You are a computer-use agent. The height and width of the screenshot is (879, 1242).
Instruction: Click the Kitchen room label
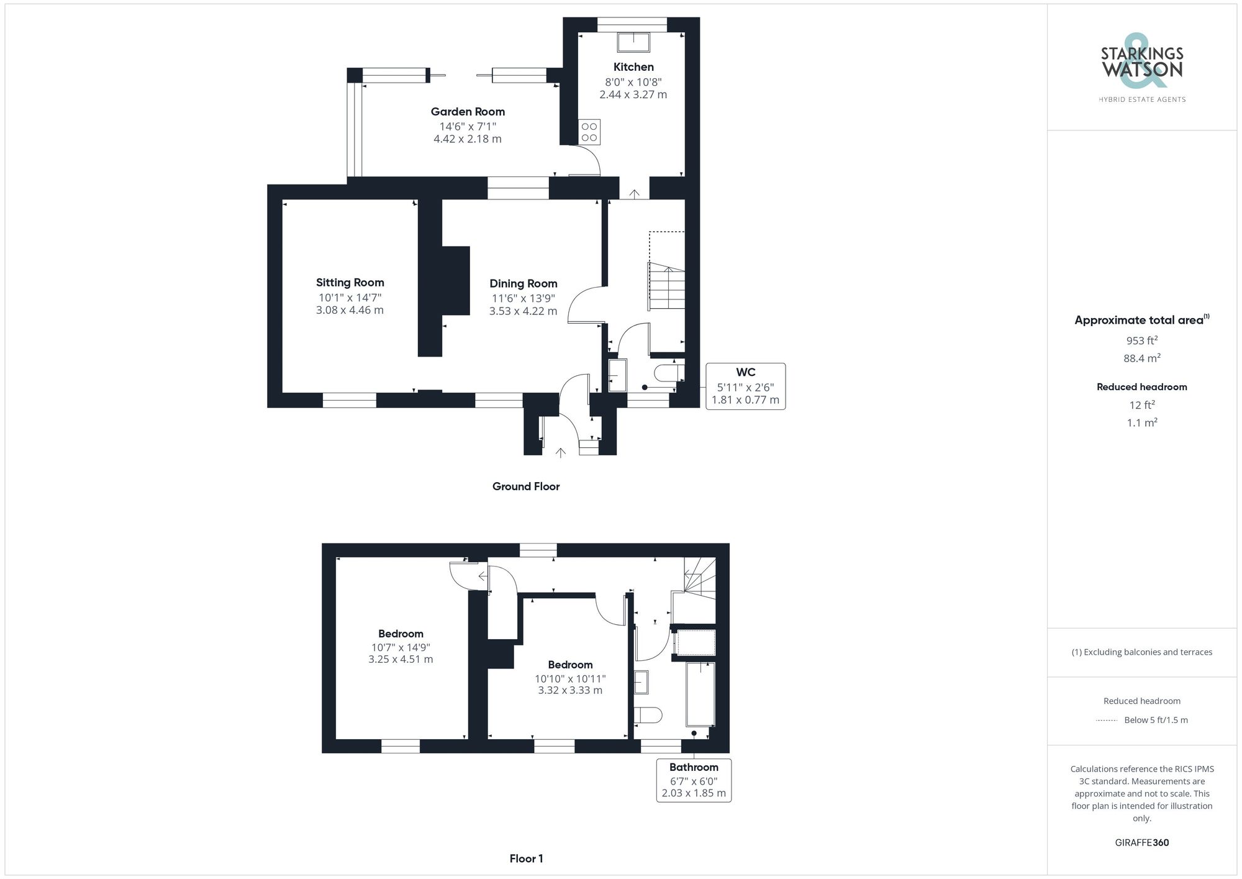click(633, 67)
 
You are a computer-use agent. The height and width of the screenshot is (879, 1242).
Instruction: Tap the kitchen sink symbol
click(633, 42)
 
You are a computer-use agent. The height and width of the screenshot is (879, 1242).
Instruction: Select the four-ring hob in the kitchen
click(589, 132)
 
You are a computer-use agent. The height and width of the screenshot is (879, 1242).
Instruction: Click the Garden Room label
click(468, 112)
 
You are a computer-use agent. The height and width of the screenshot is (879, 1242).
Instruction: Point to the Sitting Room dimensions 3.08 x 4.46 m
click(350, 310)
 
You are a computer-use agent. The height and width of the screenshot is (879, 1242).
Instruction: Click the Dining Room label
click(523, 284)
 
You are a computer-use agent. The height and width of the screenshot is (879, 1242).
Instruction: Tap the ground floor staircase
click(667, 286)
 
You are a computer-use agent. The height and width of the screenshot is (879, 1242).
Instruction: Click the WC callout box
click(745, 386)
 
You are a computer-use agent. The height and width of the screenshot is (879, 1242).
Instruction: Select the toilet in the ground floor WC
click(669, 373)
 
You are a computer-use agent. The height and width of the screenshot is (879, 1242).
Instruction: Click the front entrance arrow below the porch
click(561, 453)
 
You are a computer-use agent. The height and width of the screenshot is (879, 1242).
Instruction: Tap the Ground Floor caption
click(526, 486)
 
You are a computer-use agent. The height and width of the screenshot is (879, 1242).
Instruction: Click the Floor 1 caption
click(526, 859)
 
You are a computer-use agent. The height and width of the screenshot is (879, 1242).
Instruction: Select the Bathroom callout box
click(694, 780)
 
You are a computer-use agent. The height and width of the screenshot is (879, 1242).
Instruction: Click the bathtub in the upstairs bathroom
click(700, 694)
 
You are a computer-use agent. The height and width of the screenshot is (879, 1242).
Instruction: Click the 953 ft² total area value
click(1141, 340)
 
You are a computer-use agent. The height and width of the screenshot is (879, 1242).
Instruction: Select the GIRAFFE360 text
click(1141, 842)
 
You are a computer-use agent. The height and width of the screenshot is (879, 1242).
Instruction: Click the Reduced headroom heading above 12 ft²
click(1141, 387)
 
